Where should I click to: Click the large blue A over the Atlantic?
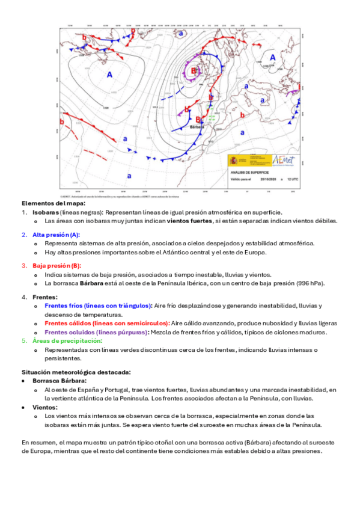pyautogui.click(x=109, y=75)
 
